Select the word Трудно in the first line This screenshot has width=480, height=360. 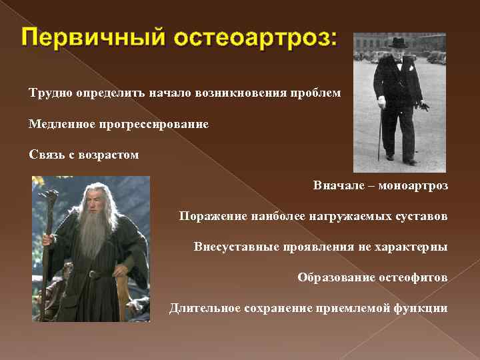pos(49,93)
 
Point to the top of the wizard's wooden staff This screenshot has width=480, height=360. pos(49,193)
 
